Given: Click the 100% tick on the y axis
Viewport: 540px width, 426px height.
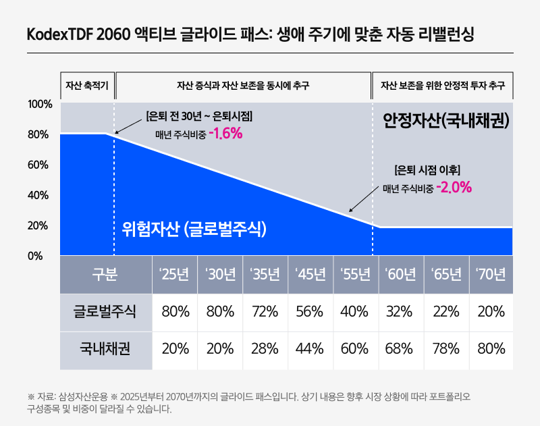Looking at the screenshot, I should coord(40,105).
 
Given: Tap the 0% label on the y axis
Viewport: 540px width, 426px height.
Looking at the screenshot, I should coord(35,256).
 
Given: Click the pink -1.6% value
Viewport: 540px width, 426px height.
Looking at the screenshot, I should coord(225,134).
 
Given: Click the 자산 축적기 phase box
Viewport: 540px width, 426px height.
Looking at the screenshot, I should coord(87,86).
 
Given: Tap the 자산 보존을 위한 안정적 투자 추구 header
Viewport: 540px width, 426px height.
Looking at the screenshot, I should coord(443,86).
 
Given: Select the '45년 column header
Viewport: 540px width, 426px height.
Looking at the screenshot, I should coord(310,275).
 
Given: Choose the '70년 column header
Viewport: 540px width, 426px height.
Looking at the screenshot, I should coord(491,275).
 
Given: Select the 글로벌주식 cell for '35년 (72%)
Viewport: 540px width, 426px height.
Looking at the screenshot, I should coord(265,312).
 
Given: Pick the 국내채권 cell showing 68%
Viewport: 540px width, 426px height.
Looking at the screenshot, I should coord(400,349).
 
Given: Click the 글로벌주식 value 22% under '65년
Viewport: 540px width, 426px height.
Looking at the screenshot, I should coord(446,312).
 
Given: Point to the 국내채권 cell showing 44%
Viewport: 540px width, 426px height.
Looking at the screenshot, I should coord(310,349).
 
